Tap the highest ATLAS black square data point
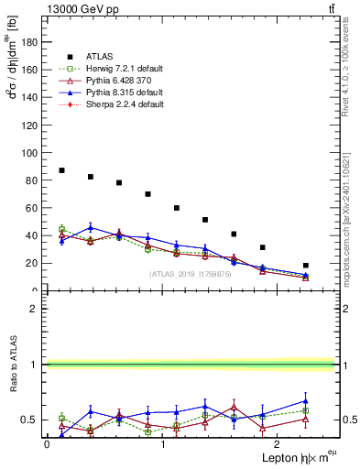(61, 170)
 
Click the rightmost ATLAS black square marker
(306, 266)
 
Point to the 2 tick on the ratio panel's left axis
(36, 309)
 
